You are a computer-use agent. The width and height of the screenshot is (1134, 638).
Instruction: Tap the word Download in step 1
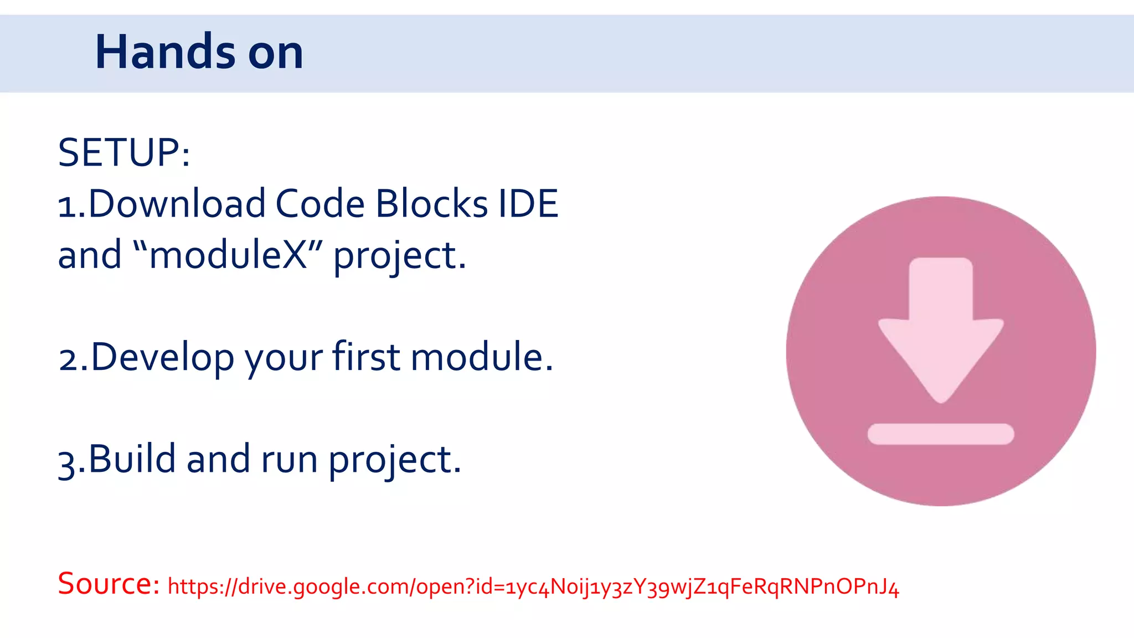177,203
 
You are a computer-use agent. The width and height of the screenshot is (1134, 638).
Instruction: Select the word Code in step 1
320,203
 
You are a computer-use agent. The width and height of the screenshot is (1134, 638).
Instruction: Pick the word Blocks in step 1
431,203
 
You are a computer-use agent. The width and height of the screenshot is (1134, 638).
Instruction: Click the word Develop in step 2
162,357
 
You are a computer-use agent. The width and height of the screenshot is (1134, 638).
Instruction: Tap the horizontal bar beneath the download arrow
940,434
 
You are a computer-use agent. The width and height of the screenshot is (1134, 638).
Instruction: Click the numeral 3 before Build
66,462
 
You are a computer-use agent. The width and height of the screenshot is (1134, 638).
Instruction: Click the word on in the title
275,53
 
